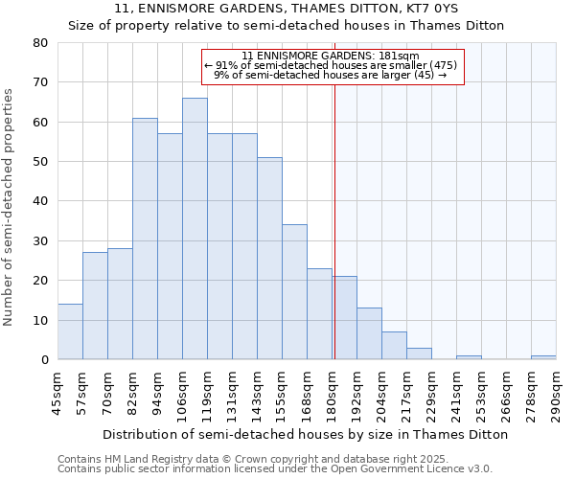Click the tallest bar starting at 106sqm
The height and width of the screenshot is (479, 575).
point(195,229)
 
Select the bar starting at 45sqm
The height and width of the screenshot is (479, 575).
point(70,331)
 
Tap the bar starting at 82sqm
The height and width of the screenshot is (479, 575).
point(145,239)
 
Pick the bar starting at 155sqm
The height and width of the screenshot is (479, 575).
point(294,292)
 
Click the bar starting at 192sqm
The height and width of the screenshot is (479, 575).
point(369,333)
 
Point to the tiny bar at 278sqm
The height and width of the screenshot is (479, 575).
point(543,357)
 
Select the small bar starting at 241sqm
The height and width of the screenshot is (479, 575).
point(469,357)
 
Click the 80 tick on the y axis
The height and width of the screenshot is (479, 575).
point(40,43)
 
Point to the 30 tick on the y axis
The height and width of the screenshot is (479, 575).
point(40,241)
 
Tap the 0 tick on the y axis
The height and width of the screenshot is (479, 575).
point(44,360)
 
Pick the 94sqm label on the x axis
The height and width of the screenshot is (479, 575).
point(158,391)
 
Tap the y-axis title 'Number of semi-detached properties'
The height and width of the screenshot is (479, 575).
point(10,206)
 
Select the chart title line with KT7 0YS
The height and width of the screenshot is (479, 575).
point(286,8)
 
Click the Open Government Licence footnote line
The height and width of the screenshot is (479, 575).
point(275,468)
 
